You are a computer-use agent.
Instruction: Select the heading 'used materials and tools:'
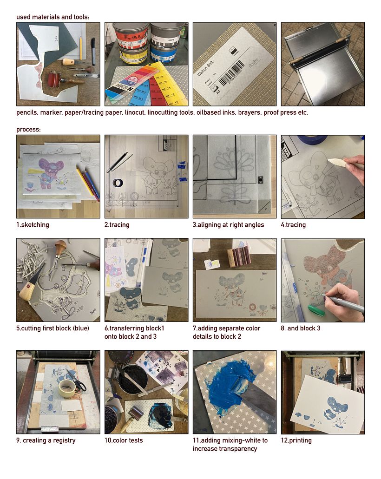click(x=53, y=17)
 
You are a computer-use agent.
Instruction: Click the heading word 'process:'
click(x=28, y=130)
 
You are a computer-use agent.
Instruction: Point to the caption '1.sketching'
click(x=33, y=225)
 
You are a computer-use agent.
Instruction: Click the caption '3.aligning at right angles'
click(x=228, y=225)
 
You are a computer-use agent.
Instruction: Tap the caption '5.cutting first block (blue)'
click(x=53, y=328)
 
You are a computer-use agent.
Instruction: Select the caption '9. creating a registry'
click(x=46, y=440)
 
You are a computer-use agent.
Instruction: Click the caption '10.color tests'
click(x=124, y=440)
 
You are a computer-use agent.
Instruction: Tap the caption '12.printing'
click(x=296, y=440)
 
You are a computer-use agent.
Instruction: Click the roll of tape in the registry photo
click(x=67, y=387)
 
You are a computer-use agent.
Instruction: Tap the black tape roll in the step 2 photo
click(x=118, y=183)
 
